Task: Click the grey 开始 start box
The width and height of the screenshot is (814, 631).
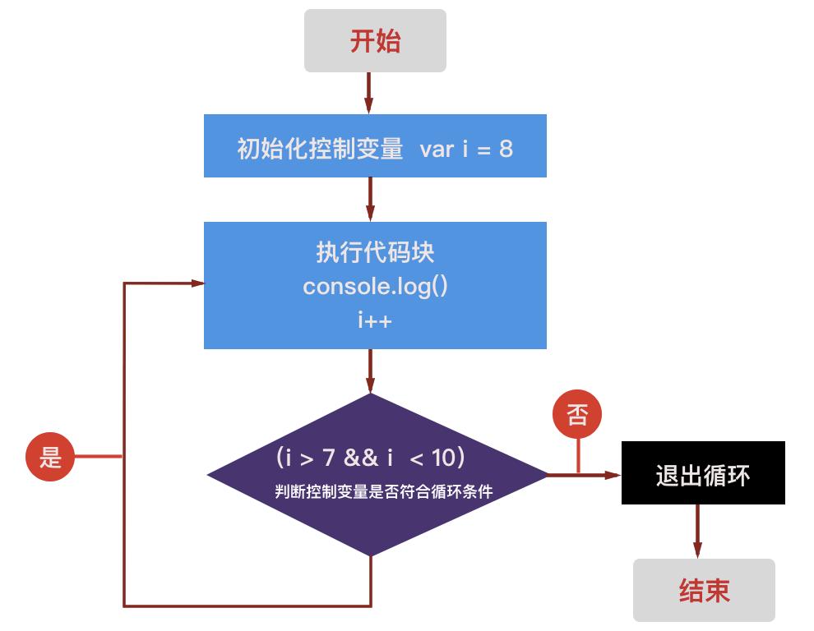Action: (375, 41)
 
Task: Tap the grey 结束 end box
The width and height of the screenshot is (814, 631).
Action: (704, 590)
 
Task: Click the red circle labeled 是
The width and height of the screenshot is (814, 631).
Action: (50, 456)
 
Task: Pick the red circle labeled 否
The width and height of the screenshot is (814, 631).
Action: (577, 415)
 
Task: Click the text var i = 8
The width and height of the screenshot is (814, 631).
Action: (466, 149)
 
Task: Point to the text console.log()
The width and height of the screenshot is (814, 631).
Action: (375, 287)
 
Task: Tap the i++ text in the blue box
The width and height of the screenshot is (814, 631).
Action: (375, 320)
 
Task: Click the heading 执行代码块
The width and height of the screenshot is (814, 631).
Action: (375, 252)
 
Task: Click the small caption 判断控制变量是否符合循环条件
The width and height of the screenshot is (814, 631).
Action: (383, 492)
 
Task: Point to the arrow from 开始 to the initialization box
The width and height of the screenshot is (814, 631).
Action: (369, 93)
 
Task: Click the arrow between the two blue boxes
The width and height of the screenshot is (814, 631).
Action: (370, 199)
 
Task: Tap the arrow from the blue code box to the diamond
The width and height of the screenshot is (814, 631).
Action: (370, 371)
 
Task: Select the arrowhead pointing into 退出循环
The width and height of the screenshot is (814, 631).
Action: (612, 475)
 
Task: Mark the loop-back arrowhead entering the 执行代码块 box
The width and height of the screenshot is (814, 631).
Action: (197, 283)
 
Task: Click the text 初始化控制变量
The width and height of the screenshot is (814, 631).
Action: (321, 149)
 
